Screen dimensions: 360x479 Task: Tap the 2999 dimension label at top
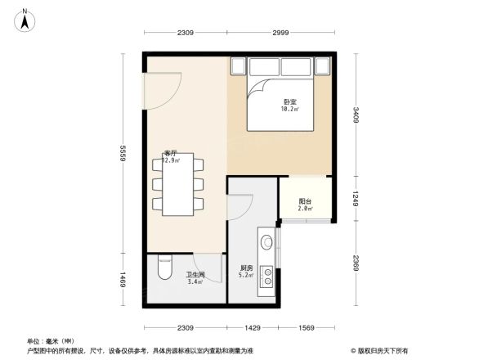[280, 34]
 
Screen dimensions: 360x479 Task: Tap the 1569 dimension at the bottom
[306, 327]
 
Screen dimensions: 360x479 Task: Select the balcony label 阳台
[304, 201]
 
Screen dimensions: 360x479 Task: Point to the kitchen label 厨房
[245, 268]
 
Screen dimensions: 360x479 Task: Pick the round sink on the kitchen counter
[266, 242]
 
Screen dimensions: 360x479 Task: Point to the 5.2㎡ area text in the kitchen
[245, 275]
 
